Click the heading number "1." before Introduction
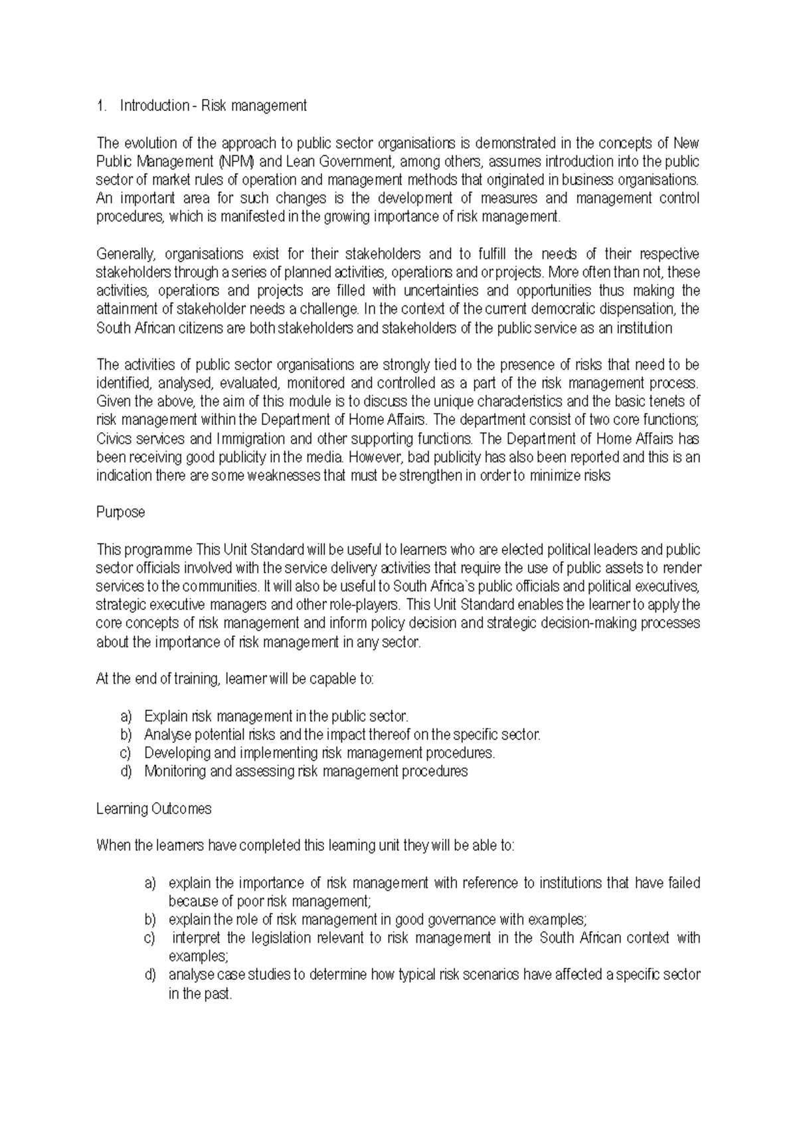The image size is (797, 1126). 101,106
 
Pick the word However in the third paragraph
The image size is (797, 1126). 374,457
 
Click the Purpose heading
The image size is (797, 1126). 120,513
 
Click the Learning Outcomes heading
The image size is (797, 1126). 154,809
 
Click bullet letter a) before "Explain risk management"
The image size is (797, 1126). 126,716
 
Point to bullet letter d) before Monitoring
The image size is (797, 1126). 126,771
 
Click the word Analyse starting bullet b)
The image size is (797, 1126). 167,735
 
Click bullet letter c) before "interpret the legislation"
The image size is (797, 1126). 150,938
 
